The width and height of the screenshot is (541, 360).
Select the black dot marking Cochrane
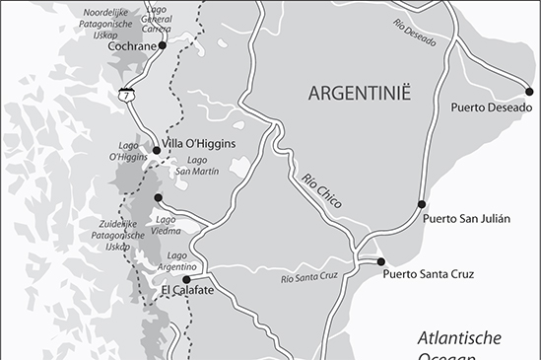165,46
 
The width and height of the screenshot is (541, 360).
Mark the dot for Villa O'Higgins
156,150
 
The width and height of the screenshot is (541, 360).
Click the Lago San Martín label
197,166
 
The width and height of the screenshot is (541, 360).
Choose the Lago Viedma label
166,225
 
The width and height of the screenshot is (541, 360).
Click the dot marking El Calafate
185,279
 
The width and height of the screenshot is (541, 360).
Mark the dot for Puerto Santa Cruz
380,261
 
